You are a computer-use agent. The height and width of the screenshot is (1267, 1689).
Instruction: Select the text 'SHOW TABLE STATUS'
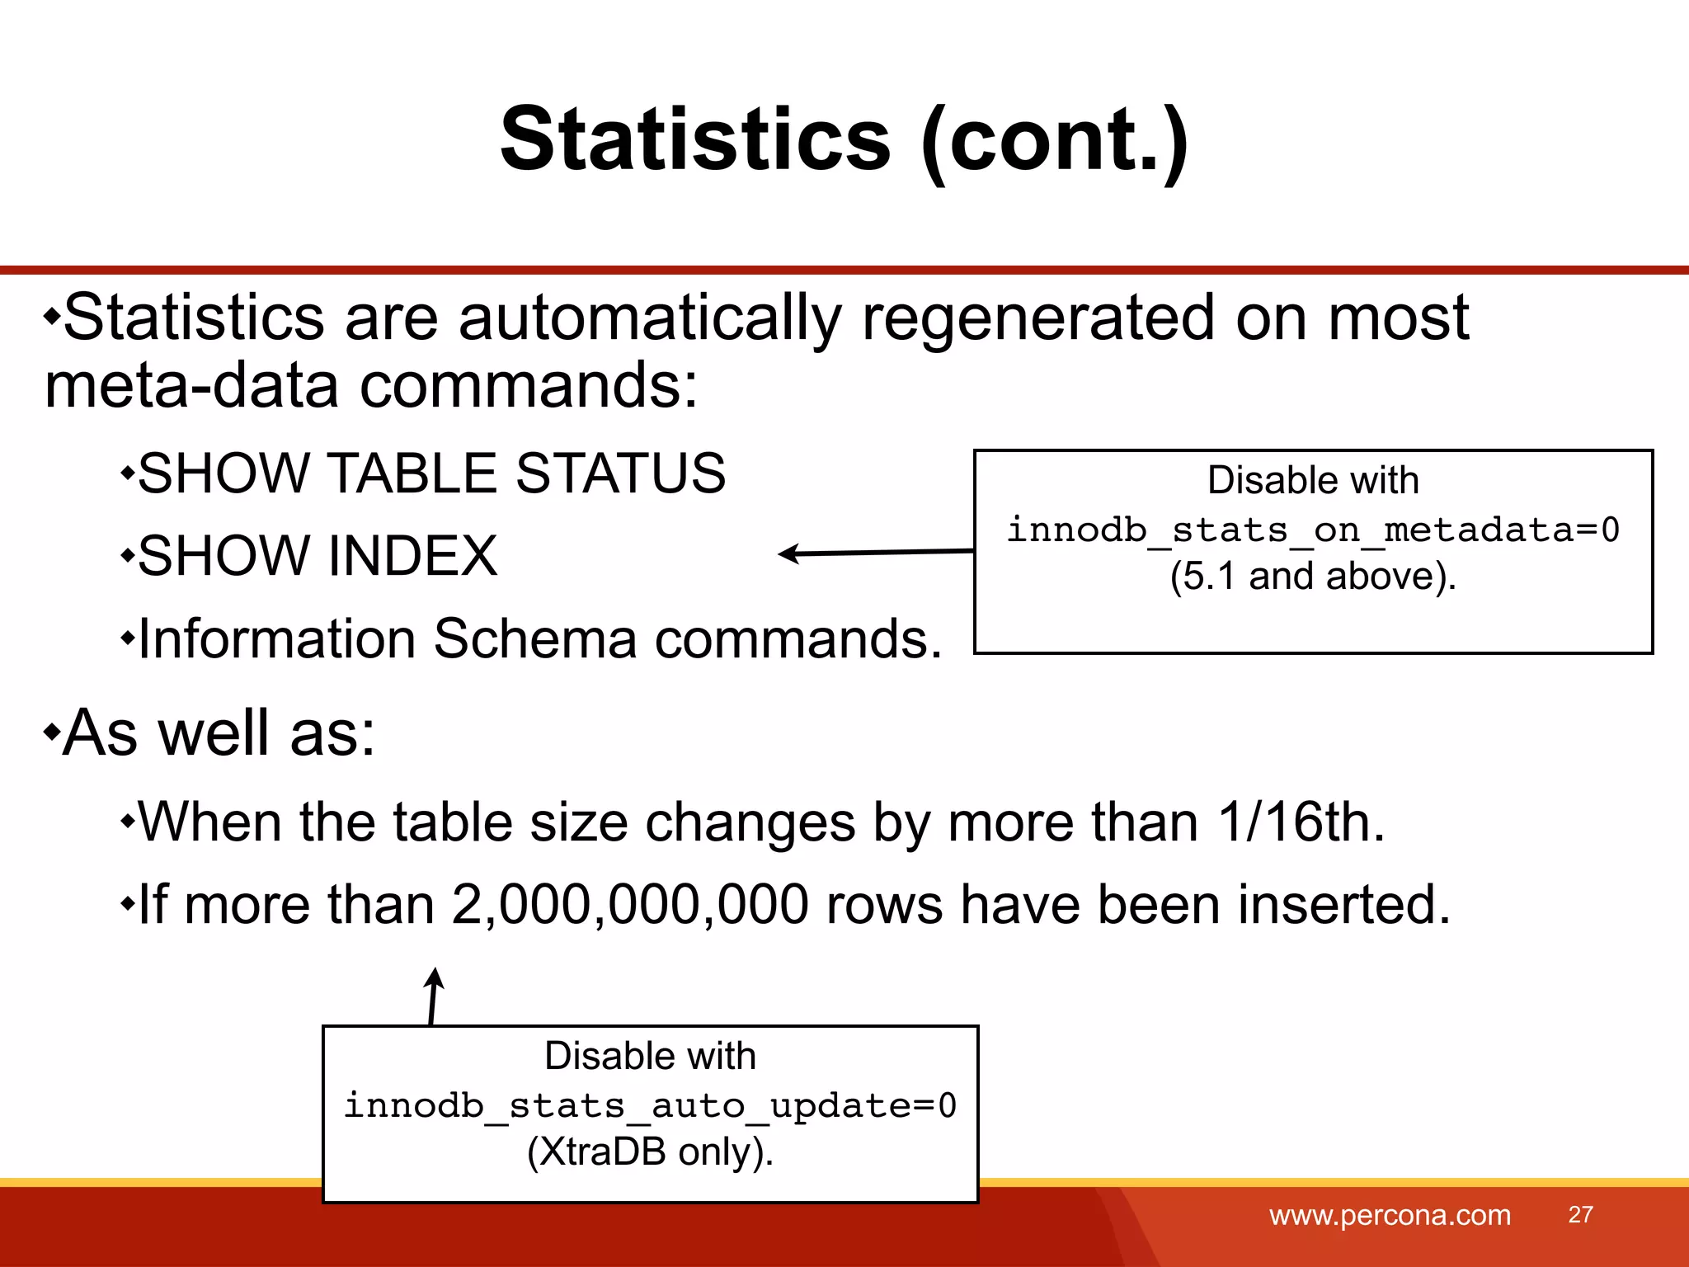pos(431,473)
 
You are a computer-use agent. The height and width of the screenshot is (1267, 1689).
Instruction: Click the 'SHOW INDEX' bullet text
pos(318,556)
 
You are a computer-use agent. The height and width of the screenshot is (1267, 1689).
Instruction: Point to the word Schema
pos(535,639)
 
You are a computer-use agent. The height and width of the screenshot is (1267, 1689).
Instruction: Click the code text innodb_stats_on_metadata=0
pos(1313,530)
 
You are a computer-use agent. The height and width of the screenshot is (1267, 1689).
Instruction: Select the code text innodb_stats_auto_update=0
pos(650,1105)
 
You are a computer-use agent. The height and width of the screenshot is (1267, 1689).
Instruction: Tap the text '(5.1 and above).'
pos(1313,576)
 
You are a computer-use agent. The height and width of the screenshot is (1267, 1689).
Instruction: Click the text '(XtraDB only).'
pos(650,1152)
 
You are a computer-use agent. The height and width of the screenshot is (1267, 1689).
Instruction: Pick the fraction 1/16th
pos(1301,822)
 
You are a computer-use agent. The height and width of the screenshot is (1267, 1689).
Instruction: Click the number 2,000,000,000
pos(630,905)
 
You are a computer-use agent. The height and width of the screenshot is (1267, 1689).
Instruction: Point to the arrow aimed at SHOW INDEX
pos(874,553)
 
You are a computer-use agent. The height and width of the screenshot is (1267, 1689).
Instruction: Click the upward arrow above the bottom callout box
pos(433,996)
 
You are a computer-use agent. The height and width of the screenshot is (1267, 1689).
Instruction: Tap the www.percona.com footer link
pos(1390,1215)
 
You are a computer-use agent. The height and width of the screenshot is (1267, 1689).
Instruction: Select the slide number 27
pos(1580,1214)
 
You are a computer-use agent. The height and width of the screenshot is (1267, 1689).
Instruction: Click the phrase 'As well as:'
pos(219,732)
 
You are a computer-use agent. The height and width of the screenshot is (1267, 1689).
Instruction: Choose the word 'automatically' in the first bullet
pos(650,318)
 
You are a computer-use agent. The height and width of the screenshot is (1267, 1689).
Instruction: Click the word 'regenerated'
pos(1038,318)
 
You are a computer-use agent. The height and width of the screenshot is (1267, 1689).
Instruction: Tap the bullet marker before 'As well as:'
pos(52,731)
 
